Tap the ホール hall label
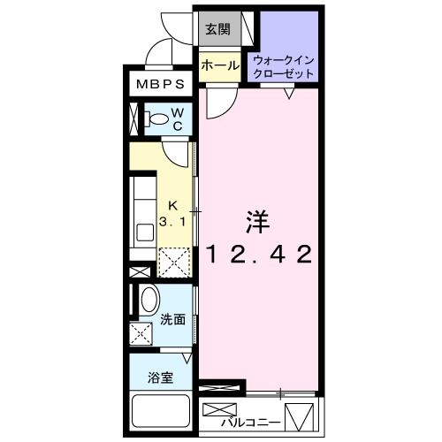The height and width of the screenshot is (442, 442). [217, 65]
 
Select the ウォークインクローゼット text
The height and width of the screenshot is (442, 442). [285, 65]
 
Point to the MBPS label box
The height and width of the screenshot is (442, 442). [159, 87]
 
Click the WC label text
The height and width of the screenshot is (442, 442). [177, 119]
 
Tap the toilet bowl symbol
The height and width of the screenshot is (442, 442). [155, 118]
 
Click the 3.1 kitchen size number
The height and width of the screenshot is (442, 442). [173, 223]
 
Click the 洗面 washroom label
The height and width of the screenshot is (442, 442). [172, 320]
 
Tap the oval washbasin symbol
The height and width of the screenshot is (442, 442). [149, 300]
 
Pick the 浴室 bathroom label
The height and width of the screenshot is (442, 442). [161, 377]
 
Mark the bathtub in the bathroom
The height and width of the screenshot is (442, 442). [160, 411]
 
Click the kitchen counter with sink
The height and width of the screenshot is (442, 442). [142, 211]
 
